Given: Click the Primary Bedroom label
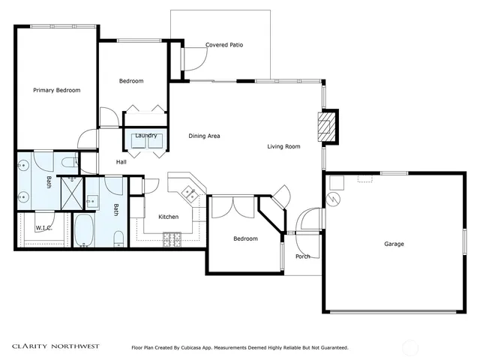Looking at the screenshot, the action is tap(57, 90).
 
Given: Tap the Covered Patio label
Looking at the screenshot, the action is tap(224, 45).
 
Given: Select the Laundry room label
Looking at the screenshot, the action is tap(146, 136).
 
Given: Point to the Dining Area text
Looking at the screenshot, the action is tap(204, 136).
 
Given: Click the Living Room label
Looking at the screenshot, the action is tap(283, 147).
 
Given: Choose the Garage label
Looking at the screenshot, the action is tap(394, 244).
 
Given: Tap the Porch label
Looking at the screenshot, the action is tap(303, 256).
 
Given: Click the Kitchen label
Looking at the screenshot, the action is tap(168, 217).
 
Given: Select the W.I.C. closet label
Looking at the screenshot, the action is tap(43, 228).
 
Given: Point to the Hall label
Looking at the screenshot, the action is tap(121, 162).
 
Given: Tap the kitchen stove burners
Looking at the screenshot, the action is tap(172, 240).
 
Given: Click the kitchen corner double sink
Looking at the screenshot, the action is tap(190, 194).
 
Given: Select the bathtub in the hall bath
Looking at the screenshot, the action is tap(84, 231).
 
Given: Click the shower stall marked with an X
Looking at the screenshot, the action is tap(72, 193).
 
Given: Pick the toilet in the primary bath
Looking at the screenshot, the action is tap(70, 162).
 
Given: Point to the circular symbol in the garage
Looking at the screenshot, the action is tap(333, 199).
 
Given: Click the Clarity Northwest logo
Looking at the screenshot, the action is tap(55, 346).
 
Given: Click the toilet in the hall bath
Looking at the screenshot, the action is tap(118, 239).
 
